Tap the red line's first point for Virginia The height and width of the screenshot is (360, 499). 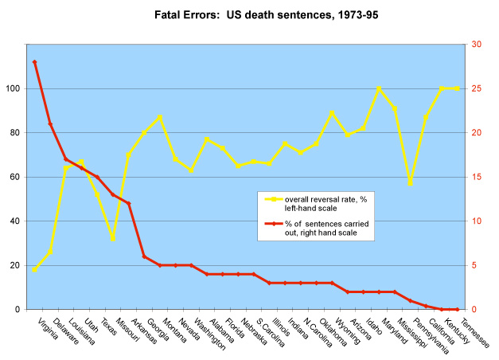[34, 62]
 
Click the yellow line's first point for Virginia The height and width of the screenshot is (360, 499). [34, 269]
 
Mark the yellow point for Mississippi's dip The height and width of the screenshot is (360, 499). [411, 184]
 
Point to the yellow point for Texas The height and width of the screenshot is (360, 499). [113, 239]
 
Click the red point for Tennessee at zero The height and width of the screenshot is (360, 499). [458, 309]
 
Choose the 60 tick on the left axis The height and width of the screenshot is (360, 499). [18, 177]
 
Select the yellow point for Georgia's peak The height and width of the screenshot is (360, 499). [160, 117]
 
